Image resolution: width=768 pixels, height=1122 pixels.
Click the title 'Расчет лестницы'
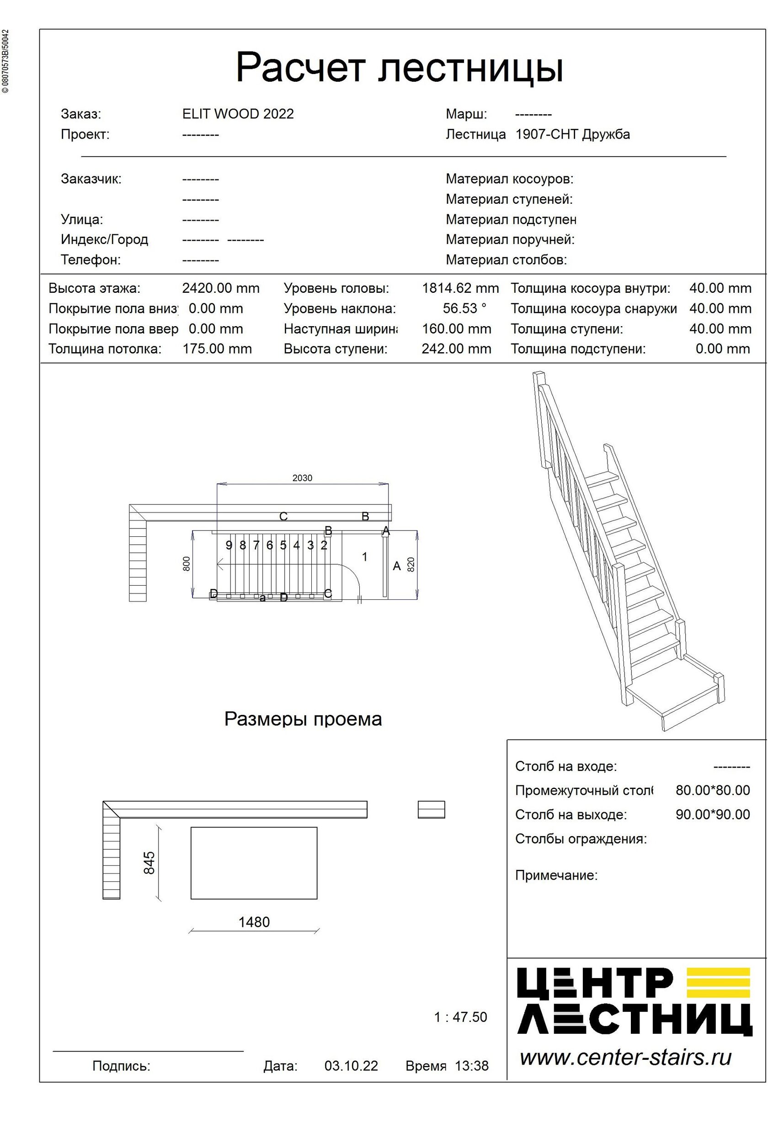pos(400,68)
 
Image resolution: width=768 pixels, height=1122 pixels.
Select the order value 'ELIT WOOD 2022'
pos(238,114)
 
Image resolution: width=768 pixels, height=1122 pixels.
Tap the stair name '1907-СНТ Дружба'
pos(572,134)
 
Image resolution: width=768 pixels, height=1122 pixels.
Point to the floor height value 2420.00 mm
pos(221,289)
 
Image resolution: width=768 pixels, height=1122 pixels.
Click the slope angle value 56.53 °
pos(464,308)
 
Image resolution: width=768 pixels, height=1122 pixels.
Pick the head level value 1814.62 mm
pos(460,289)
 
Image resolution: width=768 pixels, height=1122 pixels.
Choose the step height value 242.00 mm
pos(456,349)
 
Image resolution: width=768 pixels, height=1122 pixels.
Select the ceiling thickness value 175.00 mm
pos(217,349)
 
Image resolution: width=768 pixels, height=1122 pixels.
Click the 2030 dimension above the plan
pos(302,478)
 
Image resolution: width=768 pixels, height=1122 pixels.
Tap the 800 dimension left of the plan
pos(187,564)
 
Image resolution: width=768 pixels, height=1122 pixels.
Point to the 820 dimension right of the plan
pos(411,564)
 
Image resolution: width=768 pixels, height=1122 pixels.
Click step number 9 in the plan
pos(229,545)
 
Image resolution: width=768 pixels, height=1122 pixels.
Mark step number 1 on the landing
pos(365,557)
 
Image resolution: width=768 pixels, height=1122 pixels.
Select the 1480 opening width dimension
pos(254,922)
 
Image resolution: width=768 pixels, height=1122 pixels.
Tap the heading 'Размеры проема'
pos(303,720)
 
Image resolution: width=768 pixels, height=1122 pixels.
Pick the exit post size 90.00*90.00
pos(712,815)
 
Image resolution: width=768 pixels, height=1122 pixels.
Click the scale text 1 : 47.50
pos(460,1017)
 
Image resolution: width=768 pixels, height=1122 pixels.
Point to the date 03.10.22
pos(351,1065)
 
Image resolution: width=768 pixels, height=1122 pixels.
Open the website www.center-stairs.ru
pos(625,1057)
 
